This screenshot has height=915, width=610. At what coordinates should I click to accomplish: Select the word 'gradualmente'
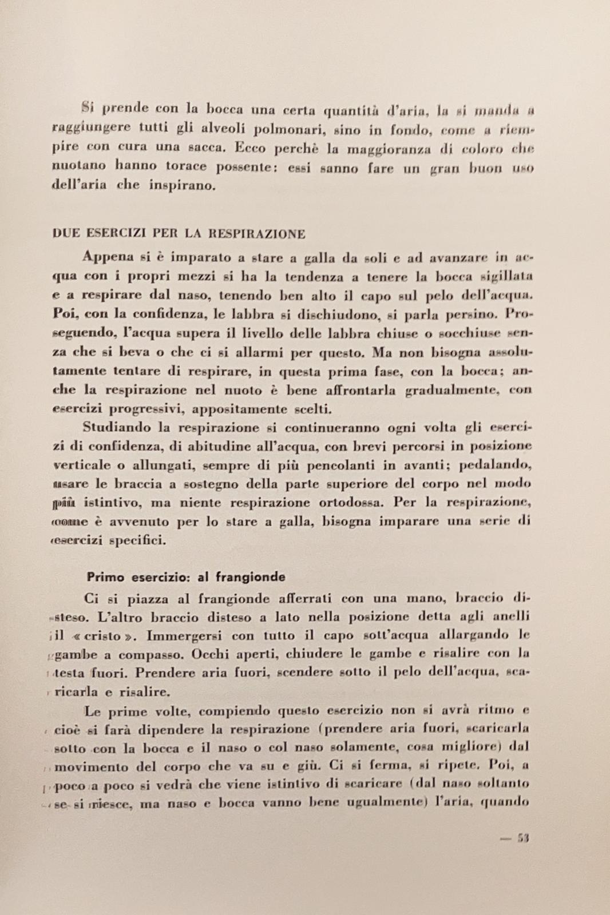pyautogui.click(x=452, y=391)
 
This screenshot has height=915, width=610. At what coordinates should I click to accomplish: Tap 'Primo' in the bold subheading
pyautogui.click(x=105, y=577)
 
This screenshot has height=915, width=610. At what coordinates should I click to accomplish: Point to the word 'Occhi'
pyautogui.click(x=210, y=654)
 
